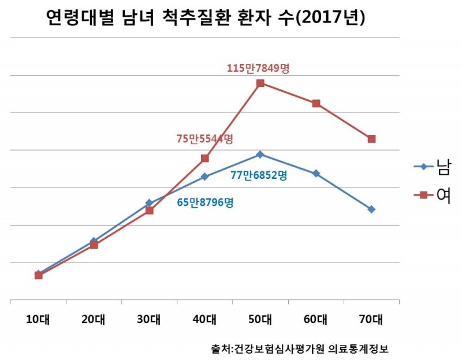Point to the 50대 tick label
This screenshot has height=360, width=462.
pos(260,318)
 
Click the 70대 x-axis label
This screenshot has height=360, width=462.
pos(371,318)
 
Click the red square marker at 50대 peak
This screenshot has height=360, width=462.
pos(260,83)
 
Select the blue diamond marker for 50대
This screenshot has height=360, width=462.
pos(260,154)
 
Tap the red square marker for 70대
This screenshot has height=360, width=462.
pos(372,139)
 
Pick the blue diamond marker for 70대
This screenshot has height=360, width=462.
pos(372,209)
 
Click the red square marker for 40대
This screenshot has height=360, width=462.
pos(205,158)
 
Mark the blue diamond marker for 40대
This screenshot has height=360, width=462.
pos(205,177)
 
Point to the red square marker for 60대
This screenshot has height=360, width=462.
pos(316,103)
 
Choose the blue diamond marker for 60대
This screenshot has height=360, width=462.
pos(316,173)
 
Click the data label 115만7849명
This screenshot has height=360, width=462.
pos(258,68)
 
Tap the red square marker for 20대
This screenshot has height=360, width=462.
pos(94,245)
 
